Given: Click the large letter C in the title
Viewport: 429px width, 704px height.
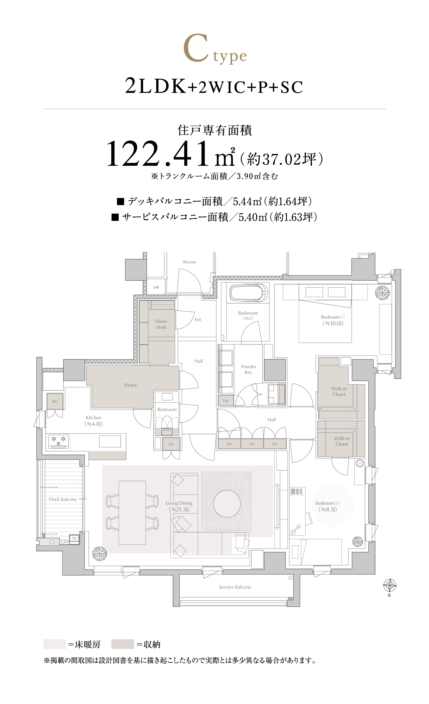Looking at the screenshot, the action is coord(196,48).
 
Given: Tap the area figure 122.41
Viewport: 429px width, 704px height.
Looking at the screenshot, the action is coord(158,154).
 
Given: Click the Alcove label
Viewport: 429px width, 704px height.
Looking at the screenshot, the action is coord(189,262).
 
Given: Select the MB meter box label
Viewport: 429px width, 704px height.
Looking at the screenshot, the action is coord(156,287).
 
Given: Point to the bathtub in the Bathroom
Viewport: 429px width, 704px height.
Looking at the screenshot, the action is coord(248,293).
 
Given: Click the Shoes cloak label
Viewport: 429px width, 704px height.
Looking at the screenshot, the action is coord(161,324).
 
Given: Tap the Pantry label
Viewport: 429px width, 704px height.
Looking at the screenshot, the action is coord(131,385).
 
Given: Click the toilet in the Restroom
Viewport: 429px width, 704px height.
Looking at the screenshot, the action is coord(167,426).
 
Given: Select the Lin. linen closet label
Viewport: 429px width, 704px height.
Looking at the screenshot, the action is coord(226,400).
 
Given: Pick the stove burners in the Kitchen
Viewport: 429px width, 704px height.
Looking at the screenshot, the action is coord(59,440).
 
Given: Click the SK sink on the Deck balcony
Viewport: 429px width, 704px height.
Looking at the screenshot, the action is coord(74,538).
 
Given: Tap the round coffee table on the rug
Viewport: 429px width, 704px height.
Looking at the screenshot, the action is coord(227,504).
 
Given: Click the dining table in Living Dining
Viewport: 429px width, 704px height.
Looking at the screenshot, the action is coord(132,513).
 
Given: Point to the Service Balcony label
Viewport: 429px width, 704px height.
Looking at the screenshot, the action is coord(235,587).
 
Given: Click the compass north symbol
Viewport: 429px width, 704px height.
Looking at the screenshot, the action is coord(390,586).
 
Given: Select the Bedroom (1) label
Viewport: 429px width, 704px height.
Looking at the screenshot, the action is coord(333,317).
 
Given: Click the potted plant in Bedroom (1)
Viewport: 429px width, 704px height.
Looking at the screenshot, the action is coord(382,293).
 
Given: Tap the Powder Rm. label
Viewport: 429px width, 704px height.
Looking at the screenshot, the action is coord(249,369).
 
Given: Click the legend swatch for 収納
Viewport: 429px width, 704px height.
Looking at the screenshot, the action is coord(123,644).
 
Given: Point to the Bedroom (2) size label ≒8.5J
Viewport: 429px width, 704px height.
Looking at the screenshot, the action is coord(328,509).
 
